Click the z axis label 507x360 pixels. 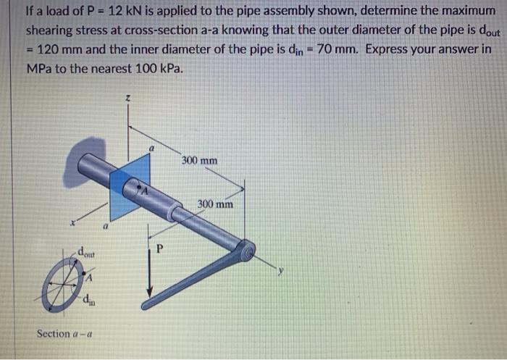[x=127, y=97]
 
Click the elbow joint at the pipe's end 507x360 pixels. [x=246, y=251]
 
